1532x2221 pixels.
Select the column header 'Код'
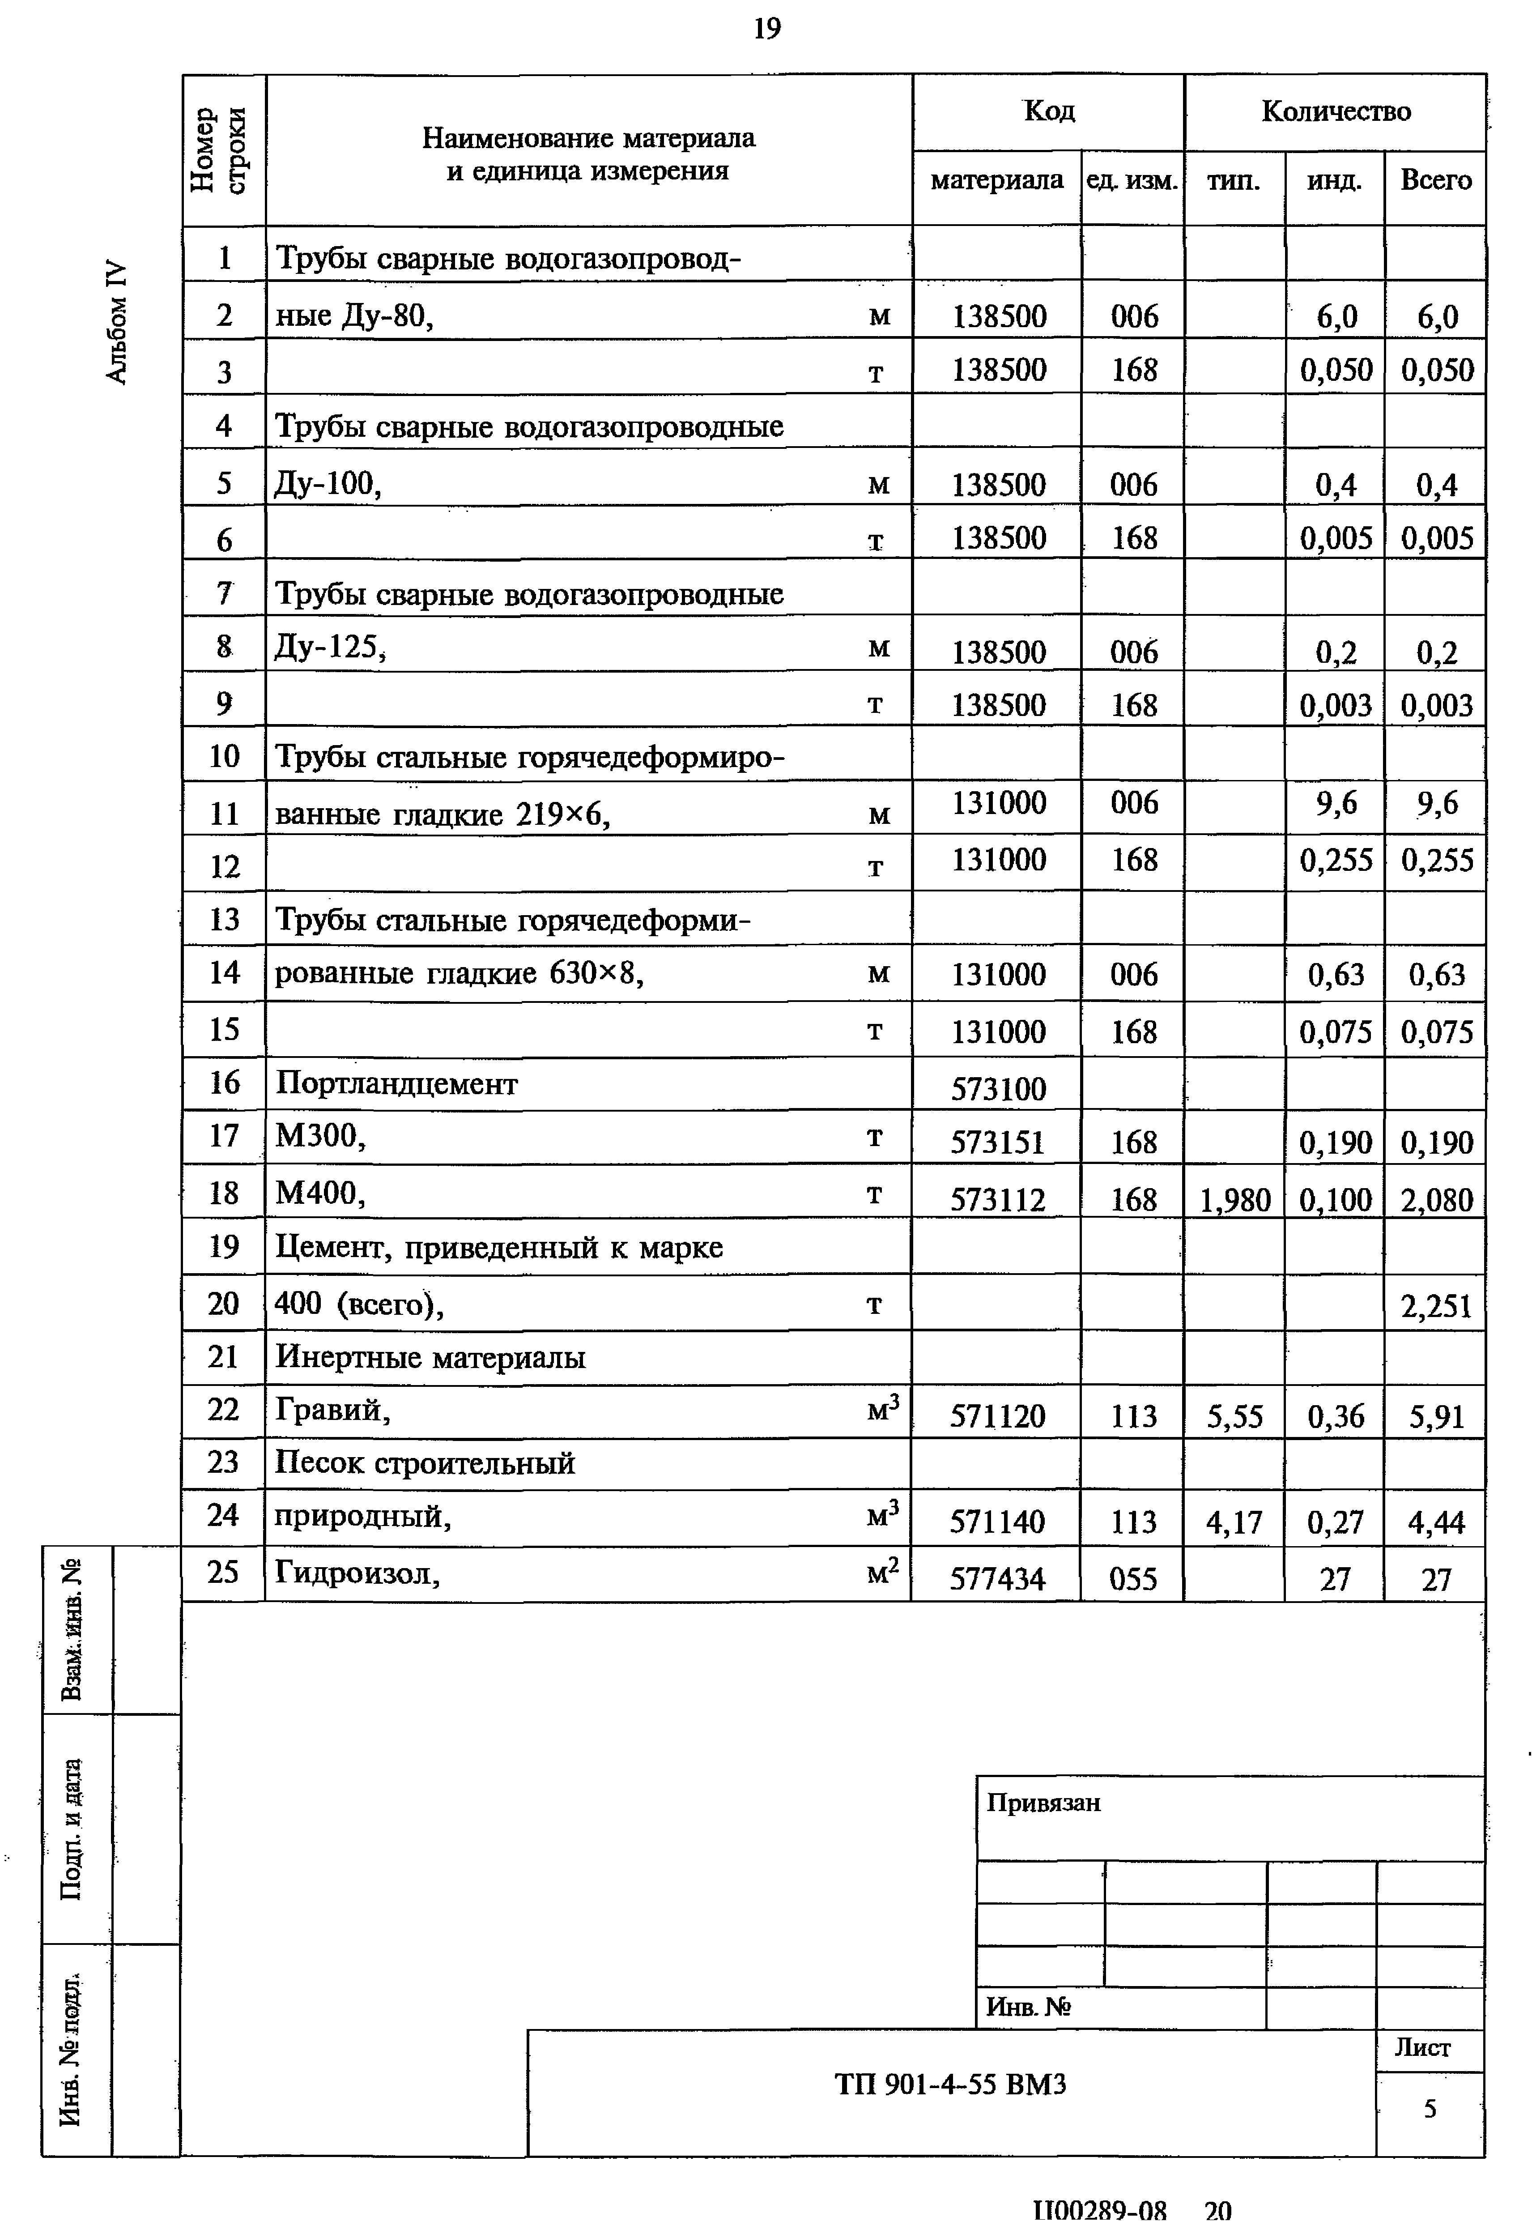(x=1049, y=111)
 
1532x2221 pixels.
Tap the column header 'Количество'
(x=1335, y=111)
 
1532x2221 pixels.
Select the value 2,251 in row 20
(x=1436, y=1305)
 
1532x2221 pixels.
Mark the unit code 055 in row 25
(x=1133, y=1579)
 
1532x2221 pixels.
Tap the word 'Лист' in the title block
(x=1422, y=2048)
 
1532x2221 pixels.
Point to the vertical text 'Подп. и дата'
(x=71, y=1829)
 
